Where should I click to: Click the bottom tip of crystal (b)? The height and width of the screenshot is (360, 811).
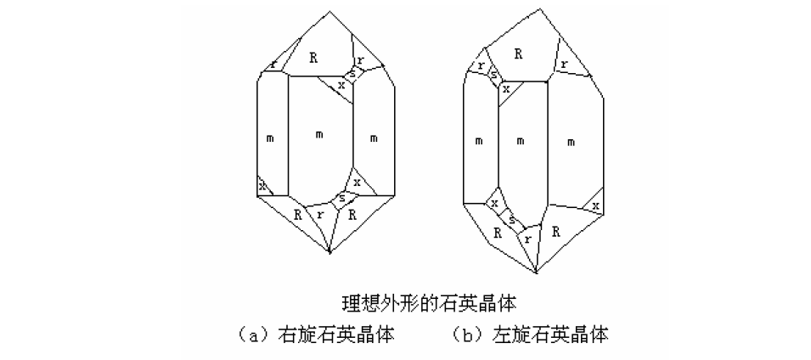coord(536,273)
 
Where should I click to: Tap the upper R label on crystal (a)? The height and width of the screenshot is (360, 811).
coord(313,58)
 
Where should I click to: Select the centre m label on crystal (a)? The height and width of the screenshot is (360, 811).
coord(319,136)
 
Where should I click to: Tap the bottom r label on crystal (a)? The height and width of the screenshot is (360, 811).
coord(319,215)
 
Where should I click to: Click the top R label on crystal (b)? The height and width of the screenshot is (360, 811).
coord(518,53)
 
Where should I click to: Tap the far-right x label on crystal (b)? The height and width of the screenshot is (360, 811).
coord(596,206)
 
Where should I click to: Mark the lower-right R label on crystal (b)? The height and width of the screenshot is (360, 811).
coord(556,230)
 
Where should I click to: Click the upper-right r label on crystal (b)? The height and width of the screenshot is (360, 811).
coord(563,65)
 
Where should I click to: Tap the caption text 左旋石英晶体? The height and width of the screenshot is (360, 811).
coord(550,335)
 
